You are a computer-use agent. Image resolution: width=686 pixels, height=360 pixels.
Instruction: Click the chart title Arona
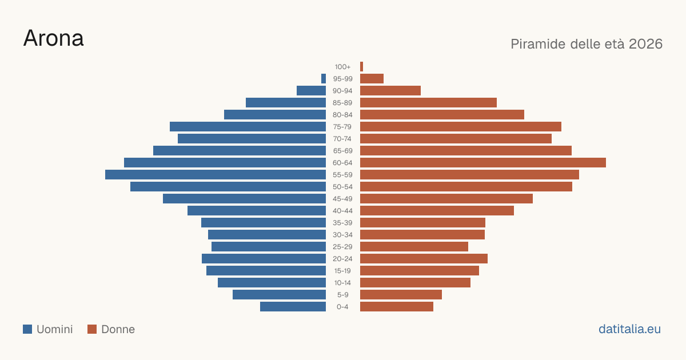coord(53,38)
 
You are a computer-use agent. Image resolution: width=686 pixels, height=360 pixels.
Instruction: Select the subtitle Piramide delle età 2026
coord(587,44)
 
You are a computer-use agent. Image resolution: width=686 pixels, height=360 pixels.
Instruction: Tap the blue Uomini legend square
coord(27,329)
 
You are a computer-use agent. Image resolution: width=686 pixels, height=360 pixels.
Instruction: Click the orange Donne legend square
coord(92,329)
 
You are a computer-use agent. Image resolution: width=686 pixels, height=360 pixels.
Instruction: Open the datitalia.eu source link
coord(629,329)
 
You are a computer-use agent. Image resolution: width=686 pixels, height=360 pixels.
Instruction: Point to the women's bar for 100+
coord(362,67)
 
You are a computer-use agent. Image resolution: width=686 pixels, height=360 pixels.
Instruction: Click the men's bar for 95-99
coord(324,79)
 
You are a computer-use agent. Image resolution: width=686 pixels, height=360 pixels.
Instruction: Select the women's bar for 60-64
coord(483,162)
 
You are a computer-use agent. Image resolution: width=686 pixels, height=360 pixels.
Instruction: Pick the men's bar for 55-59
coord(216,174)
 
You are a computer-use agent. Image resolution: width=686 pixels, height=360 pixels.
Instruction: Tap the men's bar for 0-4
coord(293,307)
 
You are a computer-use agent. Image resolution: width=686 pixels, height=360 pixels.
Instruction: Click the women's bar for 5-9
coord(401,295)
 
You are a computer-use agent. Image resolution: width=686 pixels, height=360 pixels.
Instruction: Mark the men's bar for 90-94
coord(311,91)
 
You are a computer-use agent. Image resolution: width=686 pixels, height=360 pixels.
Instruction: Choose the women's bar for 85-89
coord(428,102)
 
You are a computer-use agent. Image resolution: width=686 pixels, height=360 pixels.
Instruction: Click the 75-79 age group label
coord(342,127)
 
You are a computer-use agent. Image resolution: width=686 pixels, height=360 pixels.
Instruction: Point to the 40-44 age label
coord(342,211)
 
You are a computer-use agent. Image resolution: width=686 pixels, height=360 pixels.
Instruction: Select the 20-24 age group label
coord(342,259)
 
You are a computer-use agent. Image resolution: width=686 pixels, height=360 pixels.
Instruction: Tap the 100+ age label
coord(342,67)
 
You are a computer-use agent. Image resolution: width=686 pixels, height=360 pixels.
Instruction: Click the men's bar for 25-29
coord(269,247)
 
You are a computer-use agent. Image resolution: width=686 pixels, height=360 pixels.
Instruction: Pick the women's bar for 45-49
coord(446,199)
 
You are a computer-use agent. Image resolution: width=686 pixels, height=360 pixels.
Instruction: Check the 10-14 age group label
coord(342,283)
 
